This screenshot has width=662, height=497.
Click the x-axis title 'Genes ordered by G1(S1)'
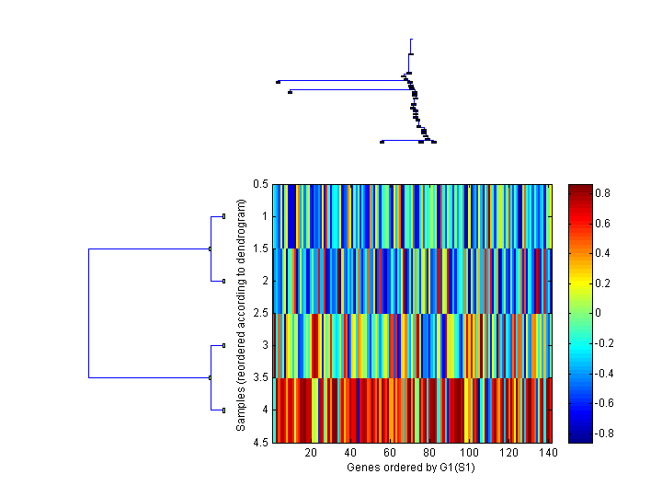(x=409, y=468)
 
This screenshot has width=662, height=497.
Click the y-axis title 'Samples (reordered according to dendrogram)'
(x=241, y=314)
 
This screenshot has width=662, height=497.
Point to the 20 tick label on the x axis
(x=311, y=454)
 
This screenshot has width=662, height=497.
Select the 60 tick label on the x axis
(x=390, y=454)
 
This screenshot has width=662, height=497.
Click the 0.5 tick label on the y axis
(x=260, y=184)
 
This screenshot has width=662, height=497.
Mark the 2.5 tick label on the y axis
(x=260, y=314)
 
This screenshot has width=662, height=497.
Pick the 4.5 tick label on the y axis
(x=260, y=443)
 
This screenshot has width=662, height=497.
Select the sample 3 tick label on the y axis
(x=264, y=345)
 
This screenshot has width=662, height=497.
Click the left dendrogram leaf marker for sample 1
(x=223, y=216)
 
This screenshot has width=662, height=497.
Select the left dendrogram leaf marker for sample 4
(x=223, y=410)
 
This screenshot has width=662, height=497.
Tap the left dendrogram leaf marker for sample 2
(x=223, y=281)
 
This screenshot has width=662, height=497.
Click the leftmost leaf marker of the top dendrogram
(x=278, y=82)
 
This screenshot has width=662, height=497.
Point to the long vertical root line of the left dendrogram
(x=88, y=313)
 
